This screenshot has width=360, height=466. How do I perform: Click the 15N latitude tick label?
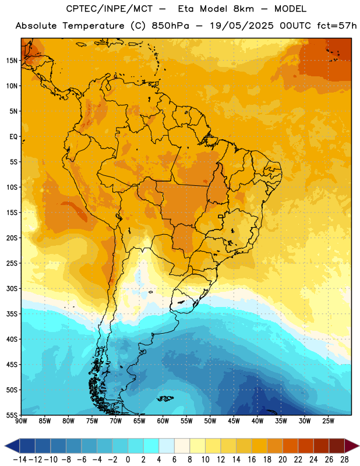pos(12,61)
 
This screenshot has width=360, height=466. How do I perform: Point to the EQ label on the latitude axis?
pos(13,137)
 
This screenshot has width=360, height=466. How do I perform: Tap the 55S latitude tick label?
pos(12,415)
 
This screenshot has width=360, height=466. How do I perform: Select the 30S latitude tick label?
pos(12,288)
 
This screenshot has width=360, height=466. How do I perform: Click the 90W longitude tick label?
pos(21,421)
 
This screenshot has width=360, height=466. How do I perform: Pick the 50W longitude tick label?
pos(210,421)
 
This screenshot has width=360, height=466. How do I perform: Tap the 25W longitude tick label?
pos(328,421)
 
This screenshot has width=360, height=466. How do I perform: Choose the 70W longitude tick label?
pos(116,421)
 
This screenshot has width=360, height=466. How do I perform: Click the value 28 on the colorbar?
pos(344,460)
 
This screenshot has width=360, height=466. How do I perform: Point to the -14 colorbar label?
pos(20,460)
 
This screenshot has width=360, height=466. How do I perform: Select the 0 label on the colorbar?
pos(128,460)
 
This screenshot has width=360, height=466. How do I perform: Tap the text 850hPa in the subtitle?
pos(170,26)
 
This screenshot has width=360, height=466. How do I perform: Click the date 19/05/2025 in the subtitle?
pos(241,26)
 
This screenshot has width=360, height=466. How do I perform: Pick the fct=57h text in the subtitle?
pos(337,26)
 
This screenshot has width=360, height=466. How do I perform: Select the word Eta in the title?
pos(185,9)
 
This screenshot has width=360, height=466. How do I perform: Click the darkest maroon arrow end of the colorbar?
pos(351,446)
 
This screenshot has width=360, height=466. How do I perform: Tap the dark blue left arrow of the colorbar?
pos(12,446)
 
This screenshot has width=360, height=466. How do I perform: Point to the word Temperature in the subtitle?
pos(93,26)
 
